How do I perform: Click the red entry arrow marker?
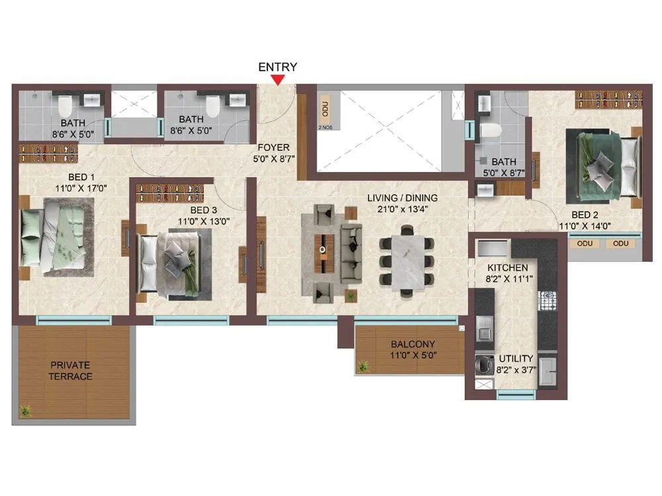[279, 80]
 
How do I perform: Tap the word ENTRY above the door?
[277, 67]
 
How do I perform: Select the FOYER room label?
[273, 147]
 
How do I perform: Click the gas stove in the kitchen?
[548, 301]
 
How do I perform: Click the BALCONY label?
[412, 345]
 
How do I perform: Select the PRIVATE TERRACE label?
[71, 370]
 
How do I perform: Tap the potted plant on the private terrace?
[25, 411]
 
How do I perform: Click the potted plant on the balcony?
[363, 366]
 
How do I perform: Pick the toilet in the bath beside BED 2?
[491, 131]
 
